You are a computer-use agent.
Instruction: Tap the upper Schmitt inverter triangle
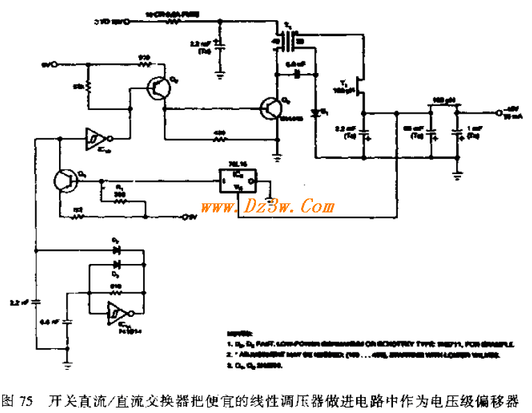(x=95, y=139)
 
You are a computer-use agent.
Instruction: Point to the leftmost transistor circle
(x=66, y=180)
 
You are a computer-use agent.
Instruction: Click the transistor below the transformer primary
(x=271, y=108)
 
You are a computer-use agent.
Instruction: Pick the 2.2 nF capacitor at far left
(x=35, y=302)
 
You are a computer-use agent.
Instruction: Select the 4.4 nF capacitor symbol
(x=67, y=322)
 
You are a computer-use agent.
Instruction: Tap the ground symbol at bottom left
(x=67, y=361)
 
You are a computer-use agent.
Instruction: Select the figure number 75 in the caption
(x=26, y=401)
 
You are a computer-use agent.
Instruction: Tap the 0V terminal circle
(x=186, y=218)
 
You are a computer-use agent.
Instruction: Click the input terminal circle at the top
(x=127, y=22)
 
